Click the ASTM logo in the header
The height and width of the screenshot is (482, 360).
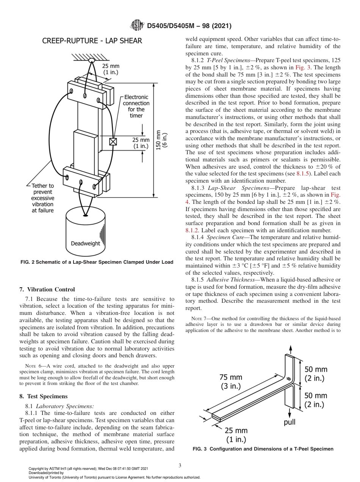pyautogui.click(x=137, y=26)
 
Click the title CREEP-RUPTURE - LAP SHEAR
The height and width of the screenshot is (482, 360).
pyautogui.click(x=92, y=41)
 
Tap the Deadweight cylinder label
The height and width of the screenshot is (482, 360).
pyautogui.click(x=86, y=243)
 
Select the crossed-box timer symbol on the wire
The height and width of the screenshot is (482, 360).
pyautogui.click(x=113, y=142)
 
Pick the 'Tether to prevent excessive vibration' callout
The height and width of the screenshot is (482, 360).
pyautogui.click(x=42, y=198)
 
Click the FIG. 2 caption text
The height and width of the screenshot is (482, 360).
pyautogui.click(x=96, y=262)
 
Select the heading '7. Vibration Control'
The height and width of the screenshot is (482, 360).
pyautogui.click(x=47, y=290)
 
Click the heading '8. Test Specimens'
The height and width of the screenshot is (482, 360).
pyautogui.click(x=43, y=396)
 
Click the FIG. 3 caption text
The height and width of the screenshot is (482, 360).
pyautogui.click(x=263, y=449)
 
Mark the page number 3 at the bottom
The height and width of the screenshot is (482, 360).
pyautogui.click(x=180, y=465)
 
